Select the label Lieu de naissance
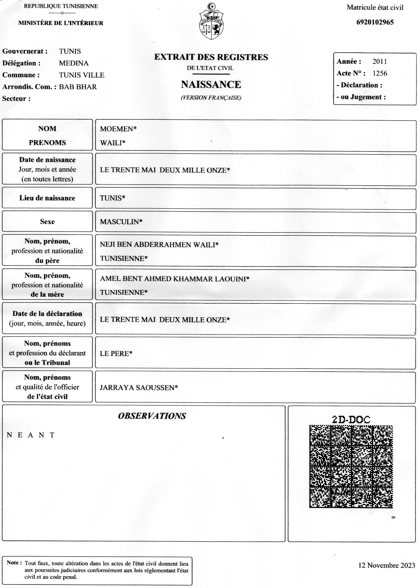tap(47, 198)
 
